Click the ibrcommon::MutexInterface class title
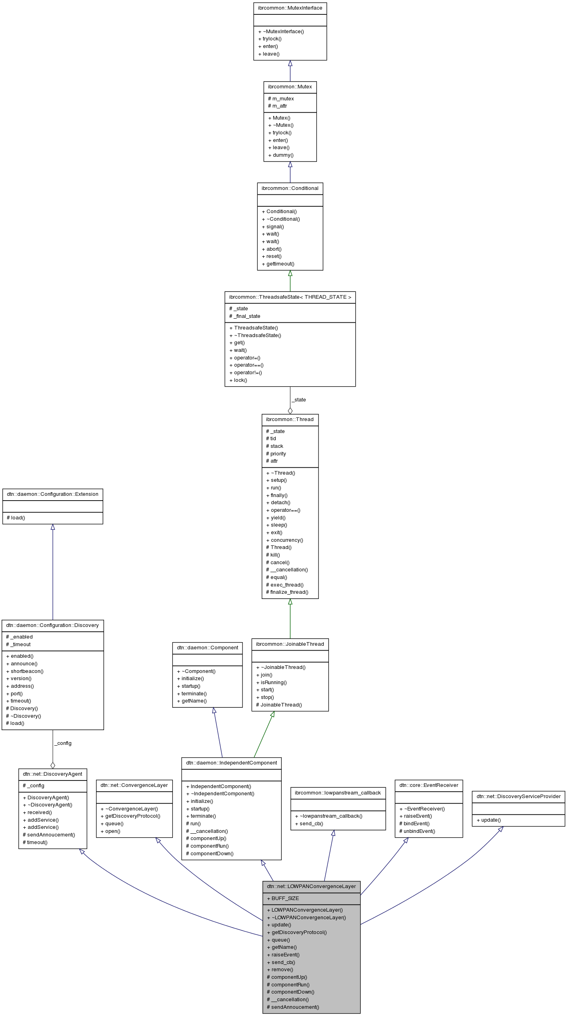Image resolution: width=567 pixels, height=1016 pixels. [290, 8]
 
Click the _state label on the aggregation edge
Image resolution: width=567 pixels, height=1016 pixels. [299, 400]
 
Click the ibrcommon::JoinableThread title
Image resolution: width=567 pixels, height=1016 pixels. [290, 644]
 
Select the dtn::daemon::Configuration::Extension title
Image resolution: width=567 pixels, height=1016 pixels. [52, 494]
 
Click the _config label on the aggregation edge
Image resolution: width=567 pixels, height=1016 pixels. [63, 743]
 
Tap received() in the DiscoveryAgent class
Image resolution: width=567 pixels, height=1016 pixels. [40, 812]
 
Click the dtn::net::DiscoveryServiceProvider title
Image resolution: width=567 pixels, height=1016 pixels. [518, 796]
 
